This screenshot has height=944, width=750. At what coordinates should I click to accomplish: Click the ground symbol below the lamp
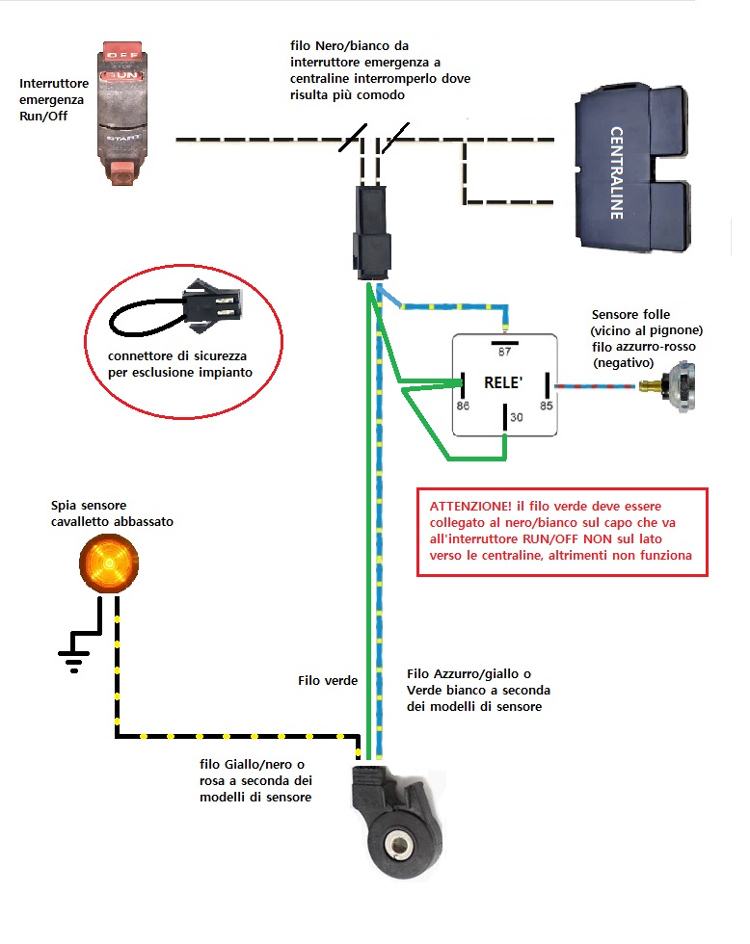[73, 657]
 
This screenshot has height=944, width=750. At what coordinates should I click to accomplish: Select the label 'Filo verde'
[328, 681]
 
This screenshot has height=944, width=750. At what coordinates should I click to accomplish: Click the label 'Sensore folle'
[631, 315]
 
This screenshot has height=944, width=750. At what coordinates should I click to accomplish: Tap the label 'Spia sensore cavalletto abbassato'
[113, 513]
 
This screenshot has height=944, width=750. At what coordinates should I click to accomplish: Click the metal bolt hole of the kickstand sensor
[396, 847]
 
